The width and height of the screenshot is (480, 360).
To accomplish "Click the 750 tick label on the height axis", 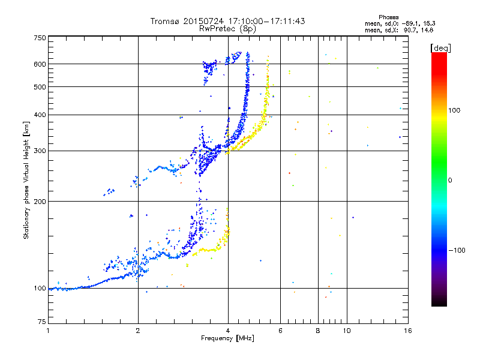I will pos(40,38).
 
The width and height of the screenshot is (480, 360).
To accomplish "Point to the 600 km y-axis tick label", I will pos(40,64).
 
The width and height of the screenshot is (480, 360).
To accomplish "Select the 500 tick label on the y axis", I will pos(40,86).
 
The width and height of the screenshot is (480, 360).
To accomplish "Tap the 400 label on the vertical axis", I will pos(40,115).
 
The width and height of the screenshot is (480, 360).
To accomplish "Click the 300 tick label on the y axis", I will pos(40,151).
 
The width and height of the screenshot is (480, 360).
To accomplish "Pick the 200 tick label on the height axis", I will pos(40,201).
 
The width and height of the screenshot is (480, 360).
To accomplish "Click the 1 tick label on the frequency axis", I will pos(48,330).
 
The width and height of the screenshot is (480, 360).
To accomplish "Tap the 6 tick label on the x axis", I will pos(281,330).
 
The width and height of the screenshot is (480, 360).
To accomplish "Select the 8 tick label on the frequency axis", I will pos(318,330).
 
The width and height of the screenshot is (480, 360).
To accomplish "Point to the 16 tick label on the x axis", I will pos(407,330).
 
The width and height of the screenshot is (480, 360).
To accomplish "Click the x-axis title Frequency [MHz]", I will pos(227,338).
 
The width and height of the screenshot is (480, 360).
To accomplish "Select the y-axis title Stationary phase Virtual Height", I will pos(26,180).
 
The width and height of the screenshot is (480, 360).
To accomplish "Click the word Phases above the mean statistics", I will pos(389,17).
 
